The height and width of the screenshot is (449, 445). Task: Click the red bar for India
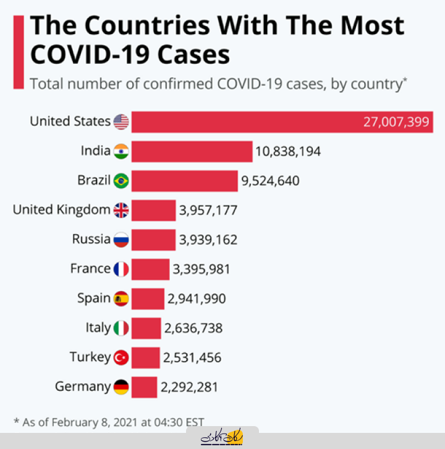pyautogui.click(x=192, y=151)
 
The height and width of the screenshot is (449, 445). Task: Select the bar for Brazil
pyautogui.click(x=184, y=181)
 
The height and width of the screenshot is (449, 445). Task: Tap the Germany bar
pyautogui.click(x=144, y=388)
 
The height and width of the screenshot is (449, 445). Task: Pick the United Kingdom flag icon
pyautogui.click(x=121, y=211)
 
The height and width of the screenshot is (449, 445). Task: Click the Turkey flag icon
pyautogui.click(x=121, y=357)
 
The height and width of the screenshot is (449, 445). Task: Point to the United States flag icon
pyautogui.click(x=121, y=122)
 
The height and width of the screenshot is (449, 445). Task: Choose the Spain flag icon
pyautogui.click(x=121, y=299)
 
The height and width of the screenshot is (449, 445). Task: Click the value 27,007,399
pyautogui.click(x=396, y=122)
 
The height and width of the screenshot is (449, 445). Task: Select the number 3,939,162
pyautogui.click(x=208, y=240)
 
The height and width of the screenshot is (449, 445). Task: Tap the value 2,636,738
pyautogui.click(x=193, y=328)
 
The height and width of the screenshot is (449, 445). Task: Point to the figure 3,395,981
pyautogui.click(x=202, y=269)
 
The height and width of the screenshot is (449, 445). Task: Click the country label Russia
pyautogui.click(x=91, y=239)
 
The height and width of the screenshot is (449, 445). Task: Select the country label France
pyautogui.click(x=90, y=269)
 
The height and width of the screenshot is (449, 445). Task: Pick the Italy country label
pyautogui.click(x=98, y=328)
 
